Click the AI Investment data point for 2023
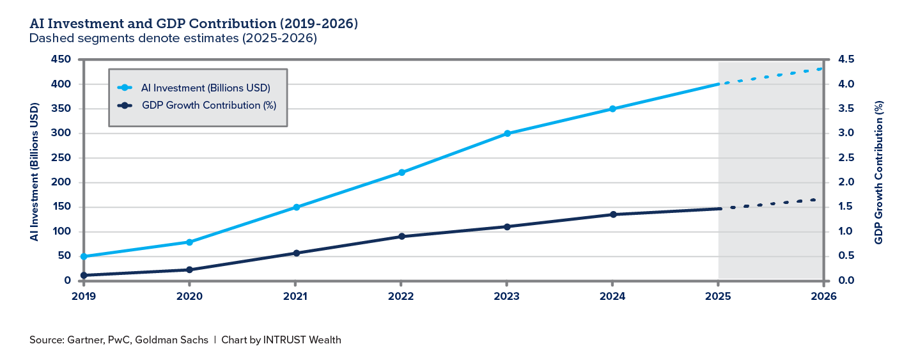point(507,133)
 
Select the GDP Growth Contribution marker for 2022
point(401,237)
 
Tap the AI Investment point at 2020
point(189,242)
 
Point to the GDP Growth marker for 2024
point(612,214)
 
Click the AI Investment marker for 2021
point(295,207)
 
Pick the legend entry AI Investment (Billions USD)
point(205,88)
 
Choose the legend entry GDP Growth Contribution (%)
point(208,106)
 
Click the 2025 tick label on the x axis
point(718,296)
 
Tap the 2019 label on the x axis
point(83,296)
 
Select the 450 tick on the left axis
point(62,60)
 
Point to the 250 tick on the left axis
point(62,158)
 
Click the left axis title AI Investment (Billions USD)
point(34,171)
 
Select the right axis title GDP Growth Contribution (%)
point(879,171)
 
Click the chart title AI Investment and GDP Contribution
point(193,24)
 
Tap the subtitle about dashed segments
point(173,38)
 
